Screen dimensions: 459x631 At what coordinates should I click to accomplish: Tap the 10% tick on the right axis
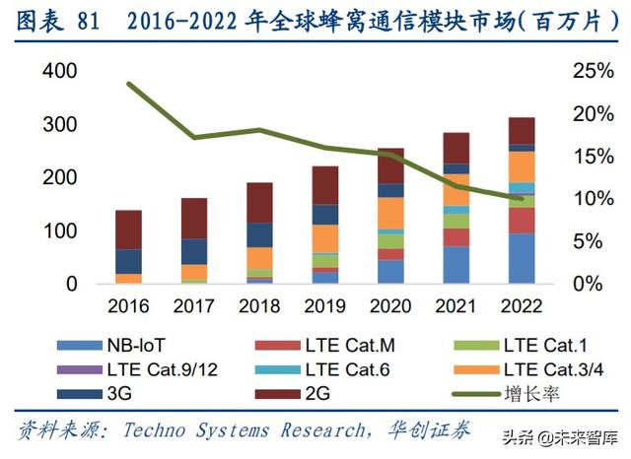click(x=591, y=199)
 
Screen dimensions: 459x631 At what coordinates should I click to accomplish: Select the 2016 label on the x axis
click(x=128, y=306)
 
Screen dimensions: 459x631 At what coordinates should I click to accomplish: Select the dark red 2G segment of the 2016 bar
click(x=128, y=229)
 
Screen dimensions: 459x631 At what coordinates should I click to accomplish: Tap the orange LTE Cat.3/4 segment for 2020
click(x=391, y=213)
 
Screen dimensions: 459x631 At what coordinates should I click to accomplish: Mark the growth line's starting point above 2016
click(x=129, y=84)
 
